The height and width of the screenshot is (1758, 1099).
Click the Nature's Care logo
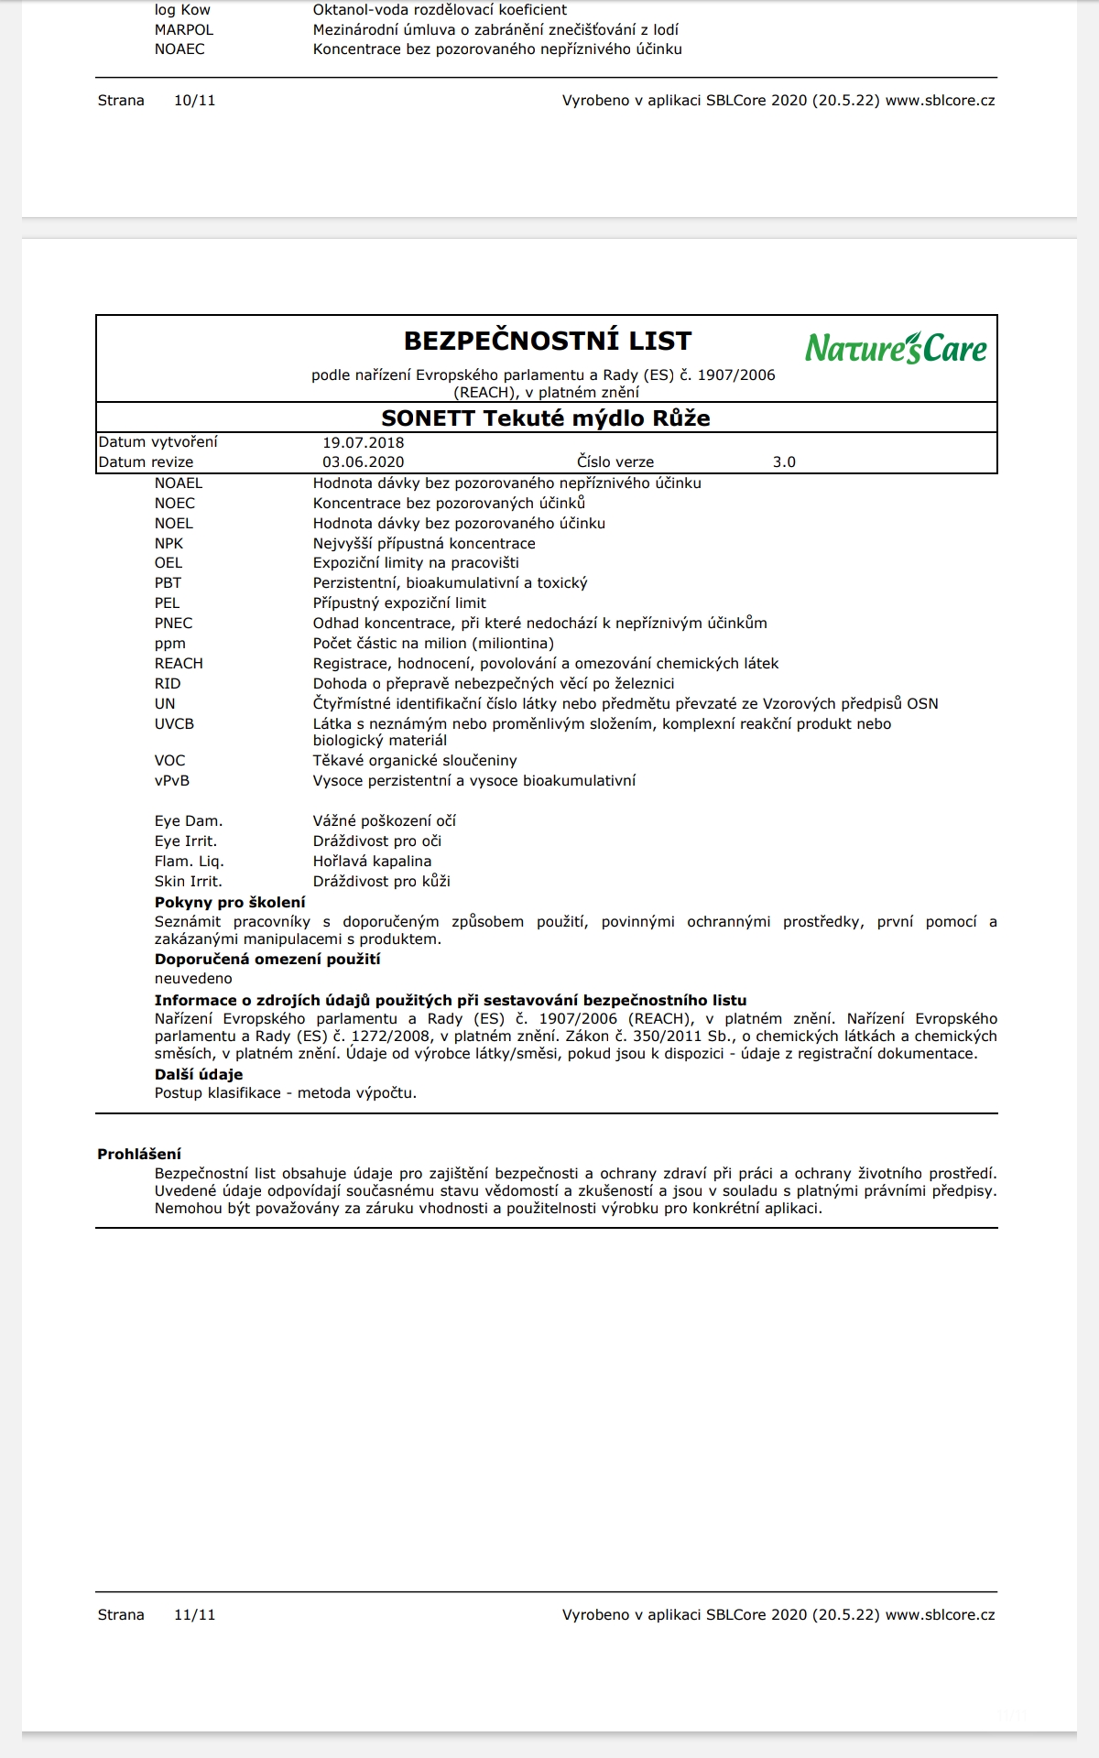click(x=896, y=348)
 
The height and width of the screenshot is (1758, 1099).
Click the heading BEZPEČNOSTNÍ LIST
click(x=548, y=341)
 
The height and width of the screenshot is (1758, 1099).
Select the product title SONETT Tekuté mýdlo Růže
click(x=546, y=418)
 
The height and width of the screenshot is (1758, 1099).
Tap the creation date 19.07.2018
click(x=363, y=442)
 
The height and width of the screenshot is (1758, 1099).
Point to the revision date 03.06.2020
click(x=363, y=462)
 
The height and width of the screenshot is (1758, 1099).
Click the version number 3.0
click(x=784, y=462)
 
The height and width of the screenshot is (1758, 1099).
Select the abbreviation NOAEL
click(x=179, y=483)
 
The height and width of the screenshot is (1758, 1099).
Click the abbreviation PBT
click(x=168, y=583)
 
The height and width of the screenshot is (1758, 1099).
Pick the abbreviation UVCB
click(x=174, y=724)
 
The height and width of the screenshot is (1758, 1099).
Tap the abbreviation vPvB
click(x=172, y=781)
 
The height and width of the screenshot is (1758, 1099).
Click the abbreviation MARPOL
click(x=184, y=30)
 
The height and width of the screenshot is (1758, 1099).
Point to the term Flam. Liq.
click(x=190, y=862)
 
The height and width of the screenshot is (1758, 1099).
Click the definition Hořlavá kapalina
click(x=372, y=862)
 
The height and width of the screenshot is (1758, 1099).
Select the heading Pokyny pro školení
click(x=230, y=903)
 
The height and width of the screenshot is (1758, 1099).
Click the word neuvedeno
click(x=193, y=979)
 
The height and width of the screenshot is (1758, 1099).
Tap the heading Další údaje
click(x=199, y=1075)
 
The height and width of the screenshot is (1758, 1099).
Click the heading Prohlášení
click(x=139, y=1155)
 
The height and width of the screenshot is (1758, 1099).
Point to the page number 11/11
click(x=195, y=1615)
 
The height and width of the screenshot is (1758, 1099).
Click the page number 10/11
click(x=195, y=101)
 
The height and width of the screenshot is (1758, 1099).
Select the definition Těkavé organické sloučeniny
click(x=415, y=761)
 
